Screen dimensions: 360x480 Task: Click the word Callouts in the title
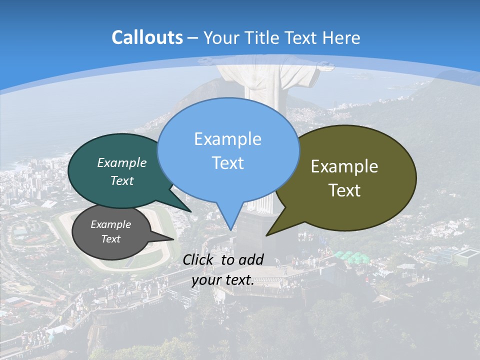[147, 38]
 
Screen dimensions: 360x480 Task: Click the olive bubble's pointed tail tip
[267, 234]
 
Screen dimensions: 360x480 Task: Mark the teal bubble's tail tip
[190, 211]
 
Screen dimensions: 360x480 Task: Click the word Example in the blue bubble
[227, 139]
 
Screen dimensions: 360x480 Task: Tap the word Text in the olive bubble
[344, 190]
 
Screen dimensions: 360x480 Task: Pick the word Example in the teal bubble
[121, 163]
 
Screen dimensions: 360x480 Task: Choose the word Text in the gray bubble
[110, 239]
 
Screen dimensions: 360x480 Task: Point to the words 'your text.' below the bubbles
[223, 280]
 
